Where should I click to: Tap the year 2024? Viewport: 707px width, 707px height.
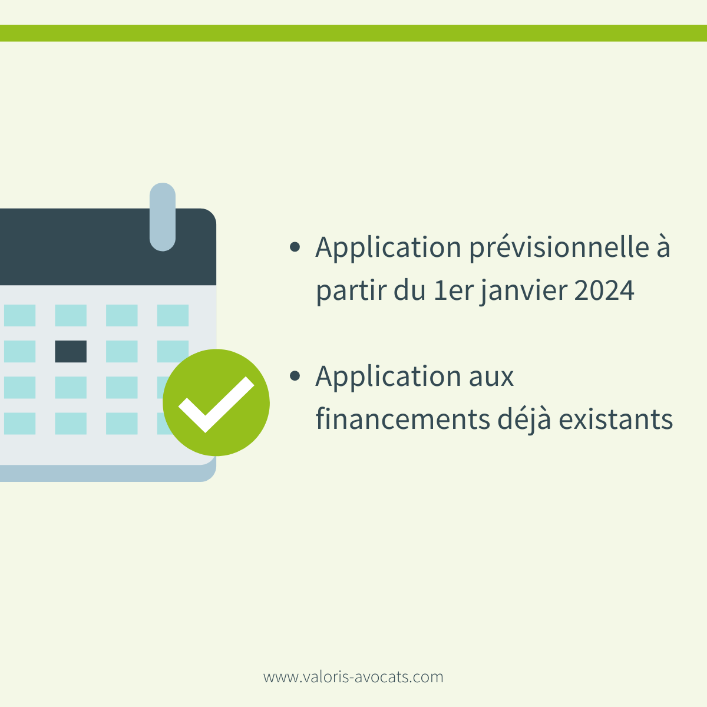click(604, 290)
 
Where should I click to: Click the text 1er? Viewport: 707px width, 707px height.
click(452, 290)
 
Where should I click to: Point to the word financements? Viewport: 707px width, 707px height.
click(402, 419)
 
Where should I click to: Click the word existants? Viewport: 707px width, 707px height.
click(616, 419)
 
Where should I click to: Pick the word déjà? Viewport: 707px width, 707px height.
click(524, 419)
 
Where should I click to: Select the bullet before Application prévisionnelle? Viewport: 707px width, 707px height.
click(295, 247)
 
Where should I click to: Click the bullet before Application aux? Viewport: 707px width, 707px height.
click(295, 376)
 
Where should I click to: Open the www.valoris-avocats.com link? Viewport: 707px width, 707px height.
click(353, 677)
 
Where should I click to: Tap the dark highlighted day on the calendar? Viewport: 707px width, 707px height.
click(71, 351)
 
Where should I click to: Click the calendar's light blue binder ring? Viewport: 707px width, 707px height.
click(163, 217)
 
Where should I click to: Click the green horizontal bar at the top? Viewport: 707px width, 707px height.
click(353, 33)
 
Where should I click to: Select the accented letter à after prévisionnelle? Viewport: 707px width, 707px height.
click(663, 247)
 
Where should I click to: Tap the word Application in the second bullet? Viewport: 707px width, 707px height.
click(388, 377)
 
